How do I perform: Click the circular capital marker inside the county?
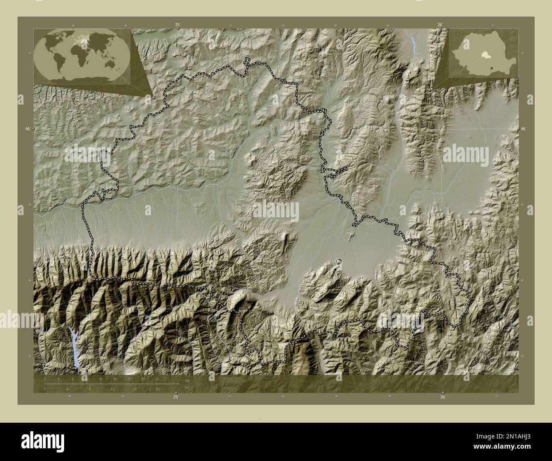tap(338, 261)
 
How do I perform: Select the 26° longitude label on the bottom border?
tap(442, 397)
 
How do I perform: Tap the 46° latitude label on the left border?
tap(27, 128)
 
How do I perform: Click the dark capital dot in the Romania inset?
tap(491, 67)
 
